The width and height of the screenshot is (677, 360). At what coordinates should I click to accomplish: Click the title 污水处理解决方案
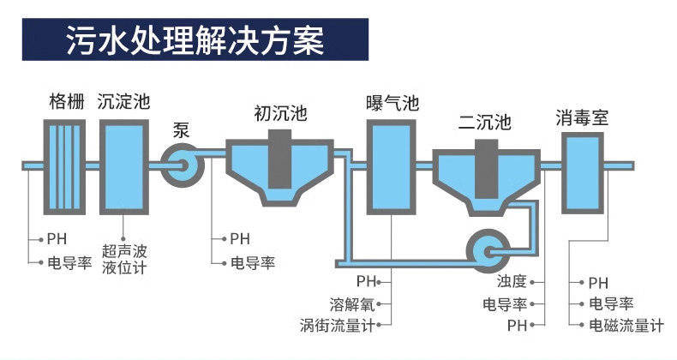coord(195,40)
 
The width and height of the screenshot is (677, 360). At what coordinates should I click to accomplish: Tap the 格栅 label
coord(67,102)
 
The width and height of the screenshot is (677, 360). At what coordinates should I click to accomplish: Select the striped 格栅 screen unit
coord(64,167)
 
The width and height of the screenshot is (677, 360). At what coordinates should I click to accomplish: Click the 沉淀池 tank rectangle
coord(124,167)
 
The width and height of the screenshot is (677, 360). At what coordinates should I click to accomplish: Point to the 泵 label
coord(181,130)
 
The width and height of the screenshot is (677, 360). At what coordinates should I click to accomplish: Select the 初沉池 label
coord(280,113)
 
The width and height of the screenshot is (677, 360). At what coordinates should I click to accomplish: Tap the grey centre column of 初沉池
coord(279,159)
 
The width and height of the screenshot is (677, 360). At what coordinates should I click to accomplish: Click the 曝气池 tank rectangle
coord(391,167)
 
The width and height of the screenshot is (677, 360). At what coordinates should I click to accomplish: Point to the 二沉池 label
coord(484,123)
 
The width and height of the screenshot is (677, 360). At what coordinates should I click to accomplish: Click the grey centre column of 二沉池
coord(486,169)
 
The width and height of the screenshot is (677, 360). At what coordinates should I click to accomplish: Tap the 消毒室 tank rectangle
coord(583,173)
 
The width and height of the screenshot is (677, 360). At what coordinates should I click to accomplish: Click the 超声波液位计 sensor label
coord(124,260)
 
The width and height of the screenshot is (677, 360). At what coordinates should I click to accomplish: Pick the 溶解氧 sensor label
coord(352,304)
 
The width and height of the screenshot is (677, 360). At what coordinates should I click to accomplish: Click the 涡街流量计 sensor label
coord(337,326)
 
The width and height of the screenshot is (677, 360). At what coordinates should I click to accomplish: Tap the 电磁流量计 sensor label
coord(626,326)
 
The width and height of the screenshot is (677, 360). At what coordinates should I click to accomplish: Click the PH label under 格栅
coord(57,238)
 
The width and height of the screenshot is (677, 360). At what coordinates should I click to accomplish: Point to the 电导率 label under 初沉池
coord(253,263)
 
